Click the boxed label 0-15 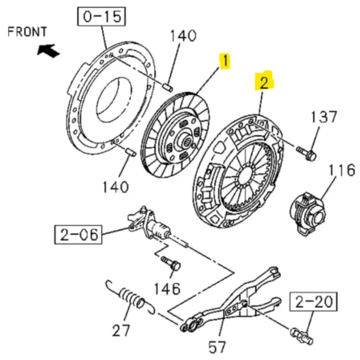(x=101, y=17)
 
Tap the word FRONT (x=28, y=32)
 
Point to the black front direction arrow (x=49, y=50)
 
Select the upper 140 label (x=183, y=36)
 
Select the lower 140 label (x=115, y=187)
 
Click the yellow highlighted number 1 (x=226, y=61)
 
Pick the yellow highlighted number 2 (x=264, y=82)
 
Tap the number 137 (x=324, y=116)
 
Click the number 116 (x=342, y=170)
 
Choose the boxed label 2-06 (x=78, y=235)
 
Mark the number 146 (x=167, y=289)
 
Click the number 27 (x=121, y=330)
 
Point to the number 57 (x=217, y=347)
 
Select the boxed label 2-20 (x=314, y=302)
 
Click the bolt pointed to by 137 (x=307, y=154)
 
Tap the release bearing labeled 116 (x=308, y=214)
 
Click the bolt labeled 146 (x=171, y=263)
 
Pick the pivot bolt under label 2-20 (x=302, y=337)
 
